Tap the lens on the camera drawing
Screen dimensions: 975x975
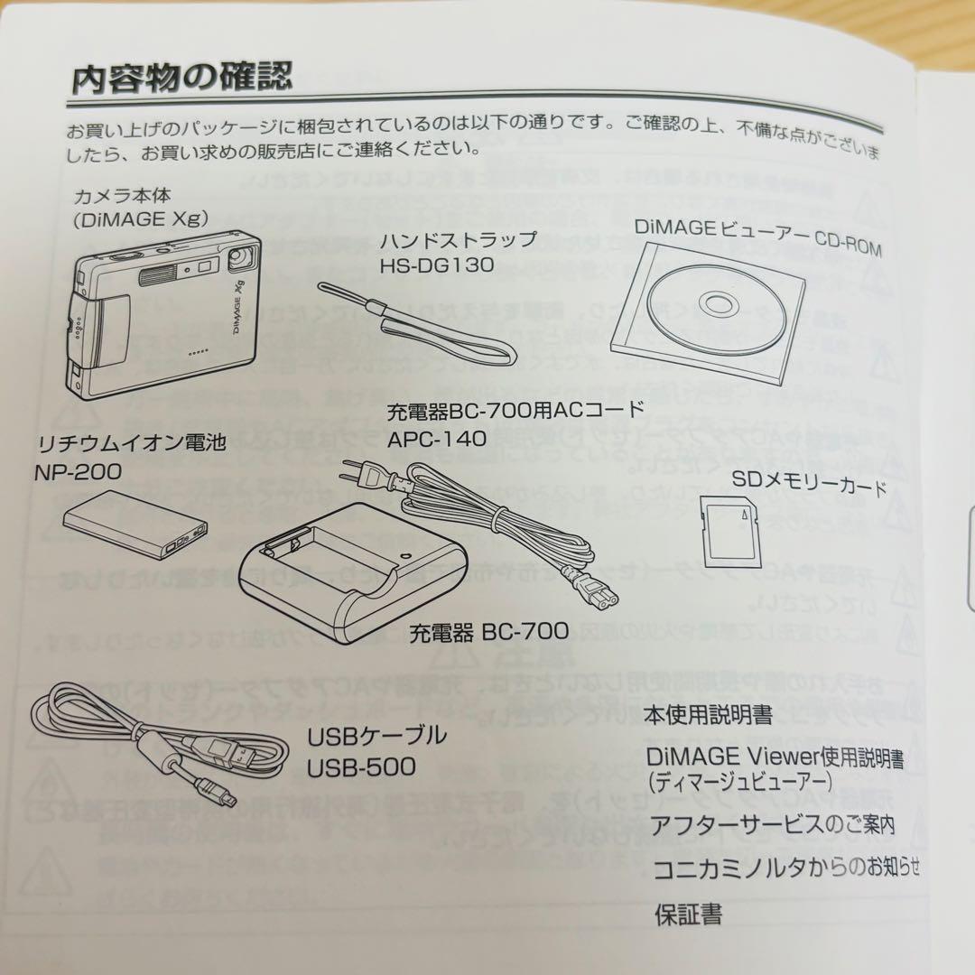tap(240, 259)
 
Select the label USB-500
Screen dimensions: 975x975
tap(361, 767)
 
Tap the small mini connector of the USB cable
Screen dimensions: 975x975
tap(232, 796)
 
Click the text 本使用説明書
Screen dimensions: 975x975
tap(708, 716)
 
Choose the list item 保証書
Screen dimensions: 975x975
tap(688, 915)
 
